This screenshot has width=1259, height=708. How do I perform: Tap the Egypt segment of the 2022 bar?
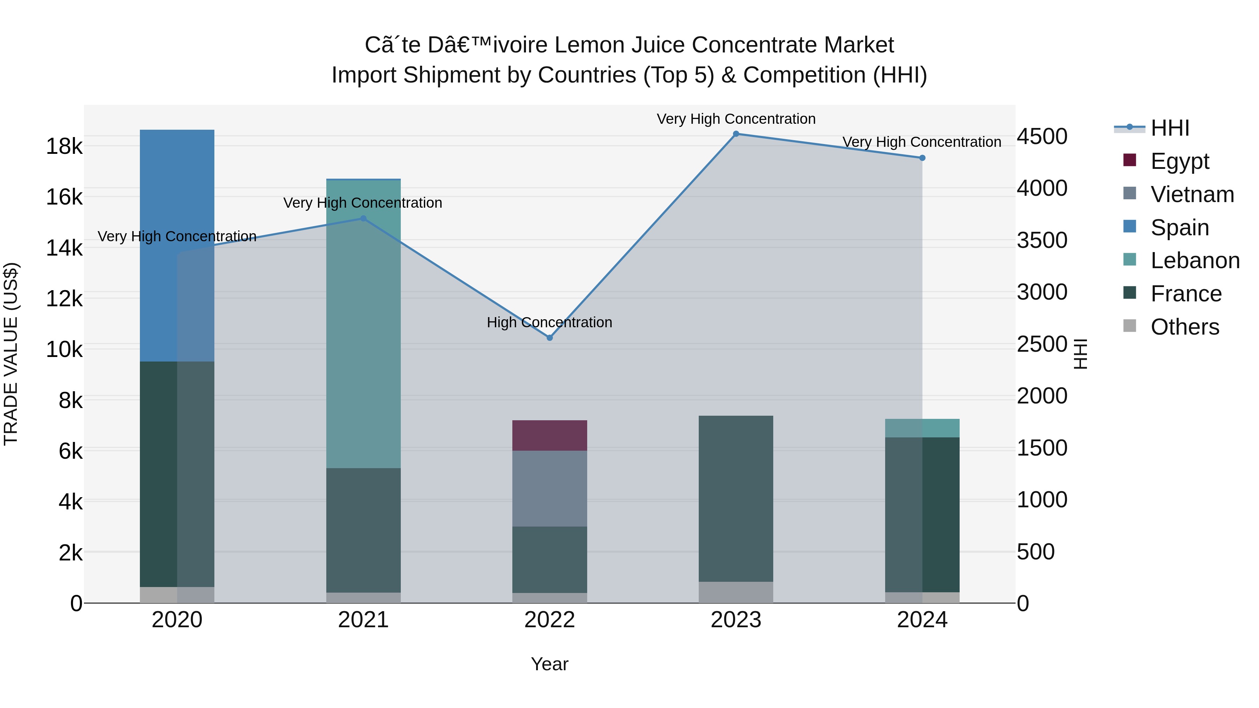pos(549,435)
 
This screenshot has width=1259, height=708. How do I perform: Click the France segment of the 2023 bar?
pos(735,498)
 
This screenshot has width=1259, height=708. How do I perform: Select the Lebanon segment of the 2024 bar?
pos(922,428)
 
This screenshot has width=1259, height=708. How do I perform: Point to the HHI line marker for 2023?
pos(735,134)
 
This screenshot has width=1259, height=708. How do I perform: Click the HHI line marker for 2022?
pos(549,338)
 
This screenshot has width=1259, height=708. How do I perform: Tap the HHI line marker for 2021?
pos(363,219)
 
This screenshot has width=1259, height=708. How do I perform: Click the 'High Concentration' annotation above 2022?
pos(549,322)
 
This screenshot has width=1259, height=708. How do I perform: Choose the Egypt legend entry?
pos(1179,161)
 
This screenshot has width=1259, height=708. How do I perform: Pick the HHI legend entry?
pos(1169,128)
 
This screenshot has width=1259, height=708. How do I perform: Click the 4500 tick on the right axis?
pos(1042,136)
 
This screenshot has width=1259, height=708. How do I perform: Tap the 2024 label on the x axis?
pos(922,620)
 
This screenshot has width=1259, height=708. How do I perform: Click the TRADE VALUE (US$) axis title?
pos(11,354)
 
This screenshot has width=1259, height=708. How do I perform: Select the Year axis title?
pos(549,664)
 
